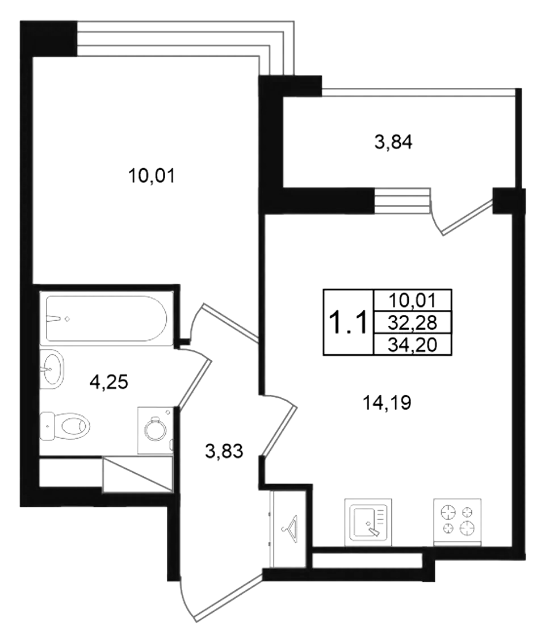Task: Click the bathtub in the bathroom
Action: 106,318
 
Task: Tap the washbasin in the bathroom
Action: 52,369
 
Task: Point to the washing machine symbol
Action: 156,430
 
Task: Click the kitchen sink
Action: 368,522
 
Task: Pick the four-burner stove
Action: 457,522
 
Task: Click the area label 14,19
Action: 387,403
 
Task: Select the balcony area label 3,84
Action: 393,142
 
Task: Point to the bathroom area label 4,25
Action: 108,382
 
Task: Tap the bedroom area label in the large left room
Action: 152,176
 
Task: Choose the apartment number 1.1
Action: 348,322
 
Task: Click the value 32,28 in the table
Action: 413,323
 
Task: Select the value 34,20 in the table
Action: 413,345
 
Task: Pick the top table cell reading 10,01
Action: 413,301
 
